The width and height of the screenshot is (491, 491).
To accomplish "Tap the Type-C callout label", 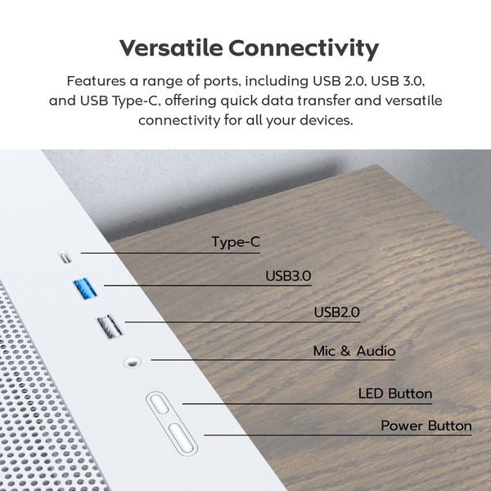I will click(x=236, y=242).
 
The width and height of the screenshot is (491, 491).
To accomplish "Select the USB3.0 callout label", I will click(x=288, y=276).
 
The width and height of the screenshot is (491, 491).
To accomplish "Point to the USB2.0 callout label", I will click(x=337, y=313).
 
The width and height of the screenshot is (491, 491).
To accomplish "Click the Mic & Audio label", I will click(x=354, y=351).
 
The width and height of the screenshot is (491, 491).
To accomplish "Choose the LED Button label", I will click(x=395, y=394).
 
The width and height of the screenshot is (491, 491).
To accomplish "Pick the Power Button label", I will click(x=426, y=426).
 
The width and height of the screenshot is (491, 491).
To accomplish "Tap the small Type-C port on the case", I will click(x=65, y=257).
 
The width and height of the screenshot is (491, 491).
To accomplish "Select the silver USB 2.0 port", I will click(x=110, y=327).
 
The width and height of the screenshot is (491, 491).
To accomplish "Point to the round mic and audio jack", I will click(x=130, y=360).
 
